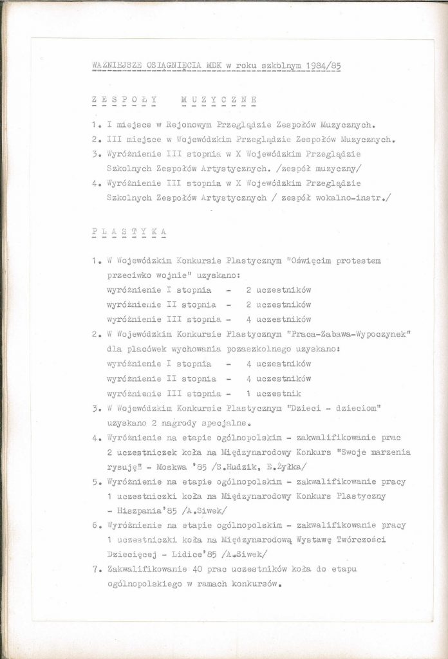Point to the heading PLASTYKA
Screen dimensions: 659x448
pyautogui.click(x=129, y=230)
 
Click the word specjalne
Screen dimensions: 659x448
pyautogui.click(x=228, y=423)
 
